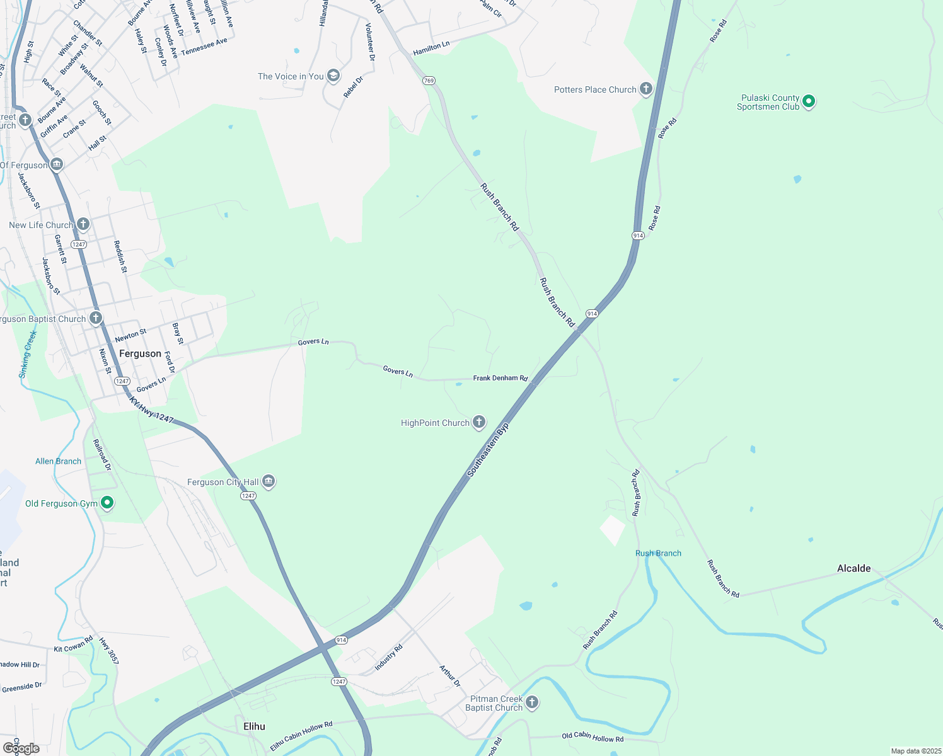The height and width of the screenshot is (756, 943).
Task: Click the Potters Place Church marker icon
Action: (x=646, y=89)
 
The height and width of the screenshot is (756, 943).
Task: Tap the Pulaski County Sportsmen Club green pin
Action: (x=809, y=101)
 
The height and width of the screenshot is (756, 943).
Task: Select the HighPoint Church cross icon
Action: (x=479, y=422)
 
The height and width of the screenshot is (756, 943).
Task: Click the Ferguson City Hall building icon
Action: (x=269, y=482)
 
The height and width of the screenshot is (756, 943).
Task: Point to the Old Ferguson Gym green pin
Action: (x=107, y=503)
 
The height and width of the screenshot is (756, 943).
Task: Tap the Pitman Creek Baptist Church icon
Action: (x=532, y=702)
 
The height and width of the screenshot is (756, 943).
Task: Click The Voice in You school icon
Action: (x=333, y=76)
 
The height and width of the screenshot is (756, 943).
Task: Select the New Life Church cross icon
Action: (x=83, y=224)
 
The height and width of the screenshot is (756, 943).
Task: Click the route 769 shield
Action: (x=429, y=81)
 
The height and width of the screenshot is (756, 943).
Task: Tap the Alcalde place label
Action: (x=853, y=568)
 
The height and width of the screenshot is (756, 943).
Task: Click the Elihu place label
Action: (x=254, y=726)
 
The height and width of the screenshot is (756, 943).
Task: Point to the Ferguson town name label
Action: (x=140, y=353)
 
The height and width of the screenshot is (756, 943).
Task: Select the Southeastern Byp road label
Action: (x=488, y=449)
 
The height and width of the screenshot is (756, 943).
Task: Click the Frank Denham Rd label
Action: (x=500, y=378)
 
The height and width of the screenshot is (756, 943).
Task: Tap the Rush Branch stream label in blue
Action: (x=658, y=553)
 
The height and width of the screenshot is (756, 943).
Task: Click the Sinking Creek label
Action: (x=28, y=354)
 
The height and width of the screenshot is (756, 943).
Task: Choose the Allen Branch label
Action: (x=58, y=461)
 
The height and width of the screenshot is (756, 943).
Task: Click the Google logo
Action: (x=21, y=748)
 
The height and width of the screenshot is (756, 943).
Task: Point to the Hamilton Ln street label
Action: (x=431, y=48)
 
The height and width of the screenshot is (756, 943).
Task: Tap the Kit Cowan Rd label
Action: (x=73, y=644)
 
